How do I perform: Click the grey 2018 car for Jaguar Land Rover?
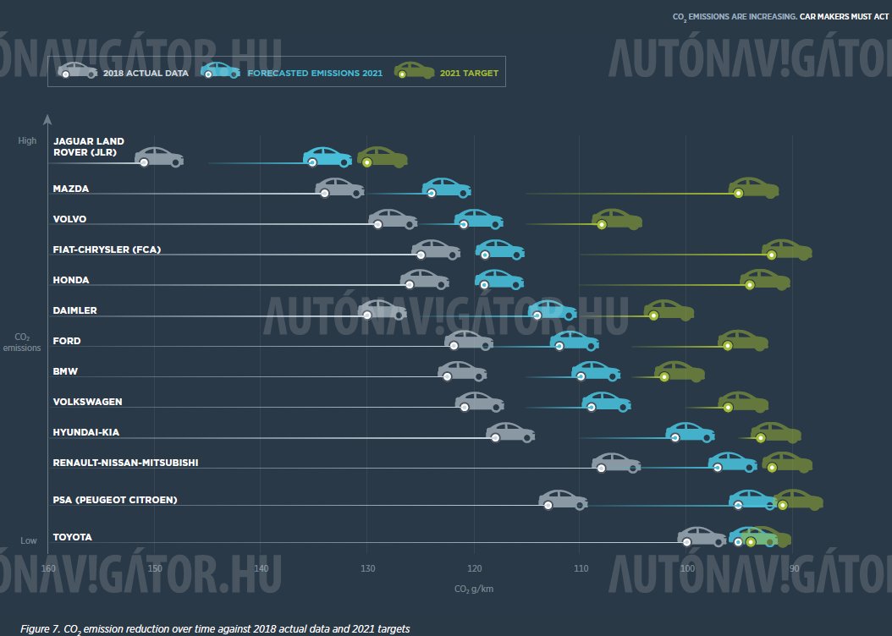pyautogui.click(x=159, y=157)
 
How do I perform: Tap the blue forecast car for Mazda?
pyautogui.click(x=446, y=189)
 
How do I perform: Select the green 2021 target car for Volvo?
pyautogui.click(x=617, y=219)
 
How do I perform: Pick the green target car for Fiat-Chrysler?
pyautogui.click(x=786, y=249)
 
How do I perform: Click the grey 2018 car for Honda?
pyautogui.click(x=425, y=280)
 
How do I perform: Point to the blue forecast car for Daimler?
pyautogui.click(x=552, y=310)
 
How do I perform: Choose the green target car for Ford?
pyautogui.click(x=743, y=341)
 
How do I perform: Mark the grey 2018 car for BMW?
pyautogui.click(x=462, y=371)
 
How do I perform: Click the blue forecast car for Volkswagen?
pyautogui.click(x=606, y=402)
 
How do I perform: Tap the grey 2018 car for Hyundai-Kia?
pyautogui.click(x=510, y=432)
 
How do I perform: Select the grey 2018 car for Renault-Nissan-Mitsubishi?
pyautogui.click(x=616, y=463)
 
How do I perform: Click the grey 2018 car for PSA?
pyautogui.click(x=563, y=500)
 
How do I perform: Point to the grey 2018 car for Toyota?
pyautogui.click(x=702, y=537)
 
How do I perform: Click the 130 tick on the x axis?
pyautogui.click(x=366, y=567)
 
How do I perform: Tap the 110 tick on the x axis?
pyautogui.click(x=580, y=567)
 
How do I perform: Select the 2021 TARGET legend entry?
pyautogui.click(x=469, y=74)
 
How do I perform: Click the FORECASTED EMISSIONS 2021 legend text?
pyautogui.click(x=315, y=74)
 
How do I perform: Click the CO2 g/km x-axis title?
pyautogui.click(x=473, y=589)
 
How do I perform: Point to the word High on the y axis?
pyautogui.click(x=28, y=140)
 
